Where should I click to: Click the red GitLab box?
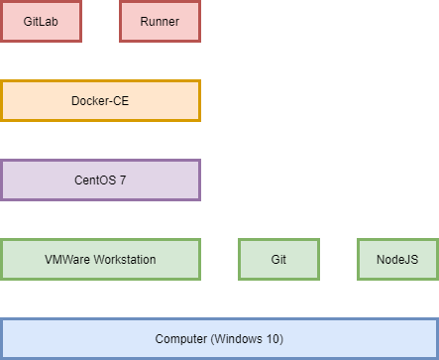point(41,21)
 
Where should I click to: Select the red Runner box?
point(160,21)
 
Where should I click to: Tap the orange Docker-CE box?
point(100,100)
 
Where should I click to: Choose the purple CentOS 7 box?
point(100,180)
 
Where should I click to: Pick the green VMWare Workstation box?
point(100,259)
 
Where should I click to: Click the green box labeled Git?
point(278,259)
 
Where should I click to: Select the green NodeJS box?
point(397,259)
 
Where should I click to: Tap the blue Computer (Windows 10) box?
point(219,338)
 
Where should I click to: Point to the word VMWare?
point(66,260)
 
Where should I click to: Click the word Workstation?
point(123,260)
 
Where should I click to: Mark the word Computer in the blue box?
point(179,339)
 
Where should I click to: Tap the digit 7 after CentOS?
point(122,180)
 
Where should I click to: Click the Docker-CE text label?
point(100,101)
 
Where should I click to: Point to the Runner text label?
point(160,22)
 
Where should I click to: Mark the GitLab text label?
point(41,22)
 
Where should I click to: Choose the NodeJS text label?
point(397,260)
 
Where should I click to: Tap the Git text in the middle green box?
point(278,260)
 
